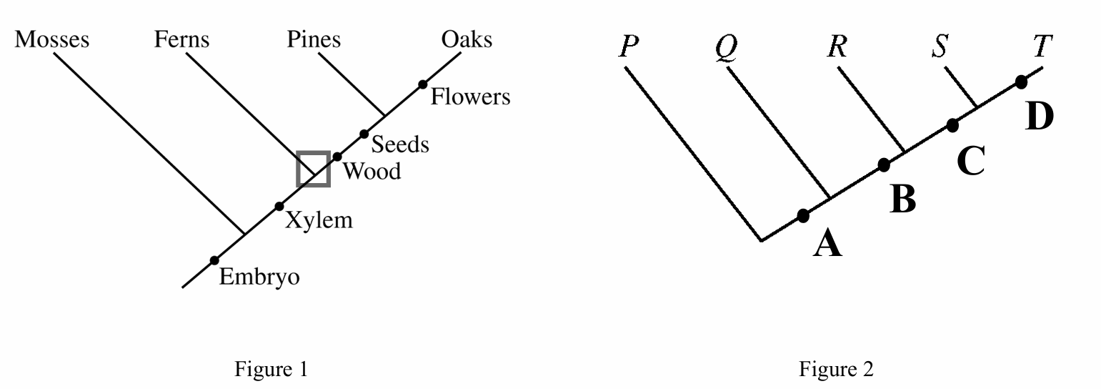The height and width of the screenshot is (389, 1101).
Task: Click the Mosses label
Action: click(52, 39)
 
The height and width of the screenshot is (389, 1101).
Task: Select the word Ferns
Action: click(181, 39)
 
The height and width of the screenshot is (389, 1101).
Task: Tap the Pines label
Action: click(314, 39)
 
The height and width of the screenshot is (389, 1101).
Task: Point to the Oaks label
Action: click(467, 39)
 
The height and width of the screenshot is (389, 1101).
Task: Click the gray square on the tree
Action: click(313, 169)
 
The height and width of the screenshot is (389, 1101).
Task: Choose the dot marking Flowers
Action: click(423, 84)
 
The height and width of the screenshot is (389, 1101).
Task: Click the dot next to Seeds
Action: click(364, 134)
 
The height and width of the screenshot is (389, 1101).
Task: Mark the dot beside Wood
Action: click(337, 157)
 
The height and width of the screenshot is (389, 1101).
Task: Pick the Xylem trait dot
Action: click(279, 207)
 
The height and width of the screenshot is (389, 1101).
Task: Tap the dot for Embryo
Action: click(214, 260)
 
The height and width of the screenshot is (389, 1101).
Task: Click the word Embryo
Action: click(259, 277)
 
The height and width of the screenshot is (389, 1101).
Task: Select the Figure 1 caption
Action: click(271, 370)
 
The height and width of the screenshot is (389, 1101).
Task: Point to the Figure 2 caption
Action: click(836, 370)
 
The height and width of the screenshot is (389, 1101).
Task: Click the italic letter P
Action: click(629, 46)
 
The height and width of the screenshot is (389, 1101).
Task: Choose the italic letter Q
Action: click(727, 48)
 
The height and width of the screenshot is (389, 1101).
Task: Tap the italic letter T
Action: click(1042, 46)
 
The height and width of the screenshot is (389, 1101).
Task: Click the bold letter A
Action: click(827, 245)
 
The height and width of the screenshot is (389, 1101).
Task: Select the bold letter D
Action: click(1039, 117)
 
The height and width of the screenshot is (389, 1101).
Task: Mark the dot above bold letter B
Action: click(884, 165)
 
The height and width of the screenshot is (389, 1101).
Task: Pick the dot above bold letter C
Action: click(952, 125)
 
